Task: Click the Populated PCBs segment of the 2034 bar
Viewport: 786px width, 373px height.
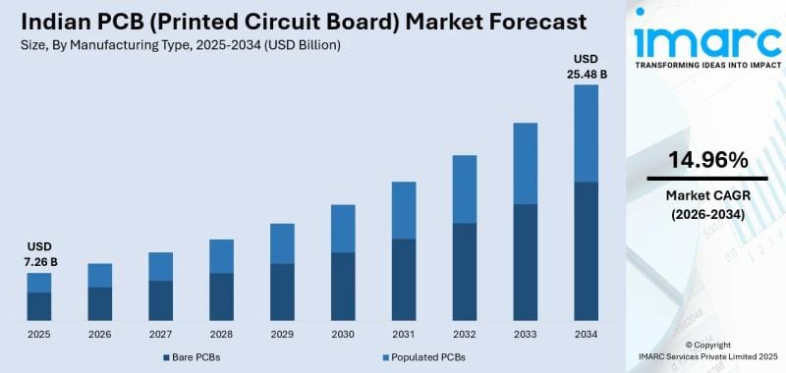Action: click(x=586, y=133)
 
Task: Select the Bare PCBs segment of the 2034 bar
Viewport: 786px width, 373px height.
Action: click(x=586, y=250)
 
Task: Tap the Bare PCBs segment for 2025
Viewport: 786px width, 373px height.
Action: click(x=39, y=306)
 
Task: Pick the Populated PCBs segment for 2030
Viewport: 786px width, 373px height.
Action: click(x=343, y=229)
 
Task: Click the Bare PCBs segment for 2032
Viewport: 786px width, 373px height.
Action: click(x=464, y=271)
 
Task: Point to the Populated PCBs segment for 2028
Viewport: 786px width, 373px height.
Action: click(x=221, y=256)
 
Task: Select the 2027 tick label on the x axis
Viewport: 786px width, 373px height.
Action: click(x=160, y=333)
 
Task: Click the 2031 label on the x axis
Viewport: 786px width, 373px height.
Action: click(x=403, y=333)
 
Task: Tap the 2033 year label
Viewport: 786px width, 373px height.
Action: click(x=525, y=333)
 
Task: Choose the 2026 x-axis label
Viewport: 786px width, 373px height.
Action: click(x=99, y=333)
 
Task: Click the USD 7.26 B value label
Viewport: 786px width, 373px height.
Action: click(x=39, y=254)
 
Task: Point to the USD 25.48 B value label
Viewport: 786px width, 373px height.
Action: click(x=586, y=66)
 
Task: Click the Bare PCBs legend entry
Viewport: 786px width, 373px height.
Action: click(x=191, y=356)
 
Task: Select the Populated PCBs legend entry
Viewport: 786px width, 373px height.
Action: click(x=421, y=356)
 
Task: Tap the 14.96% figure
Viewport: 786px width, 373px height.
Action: click(x=707, y=160)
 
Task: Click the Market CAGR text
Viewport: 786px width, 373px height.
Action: click(x=707, y=195)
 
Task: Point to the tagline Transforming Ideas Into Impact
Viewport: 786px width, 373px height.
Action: click(x=707, y=66)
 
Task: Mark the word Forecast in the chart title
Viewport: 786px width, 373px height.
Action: click(x=525, y=22)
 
